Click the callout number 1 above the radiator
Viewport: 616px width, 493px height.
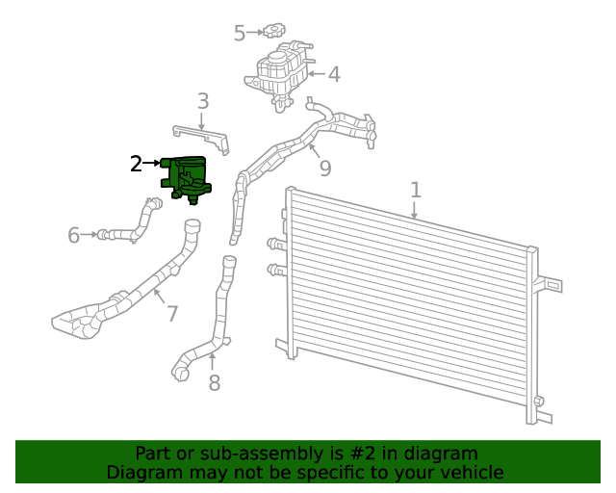pyautogui.click(x=415, y=190)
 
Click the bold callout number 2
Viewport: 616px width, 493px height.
pyautogui.click(x=137, y=165)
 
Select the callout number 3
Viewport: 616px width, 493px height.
pyautogui.click(x=202, y=101)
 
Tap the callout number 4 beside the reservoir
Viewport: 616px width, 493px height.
pyautogui.click(x=333, y=74)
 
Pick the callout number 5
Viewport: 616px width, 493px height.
pyautogui.click(x=240, y=34)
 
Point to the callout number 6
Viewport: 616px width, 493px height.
pyautogui.click(x=74, y=235)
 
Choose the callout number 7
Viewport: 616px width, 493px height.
pyautogui.click(x=171, y=314)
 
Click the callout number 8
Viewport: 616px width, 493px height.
pyautogui.click(x=214, y=383)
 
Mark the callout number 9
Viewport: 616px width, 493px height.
pyautogui.click(x=325, y=169)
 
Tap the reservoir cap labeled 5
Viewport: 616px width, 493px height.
pyautogui.click(x=277, y=32)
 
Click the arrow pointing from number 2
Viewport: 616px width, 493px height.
pyautogui.click(x=151, y=165)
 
